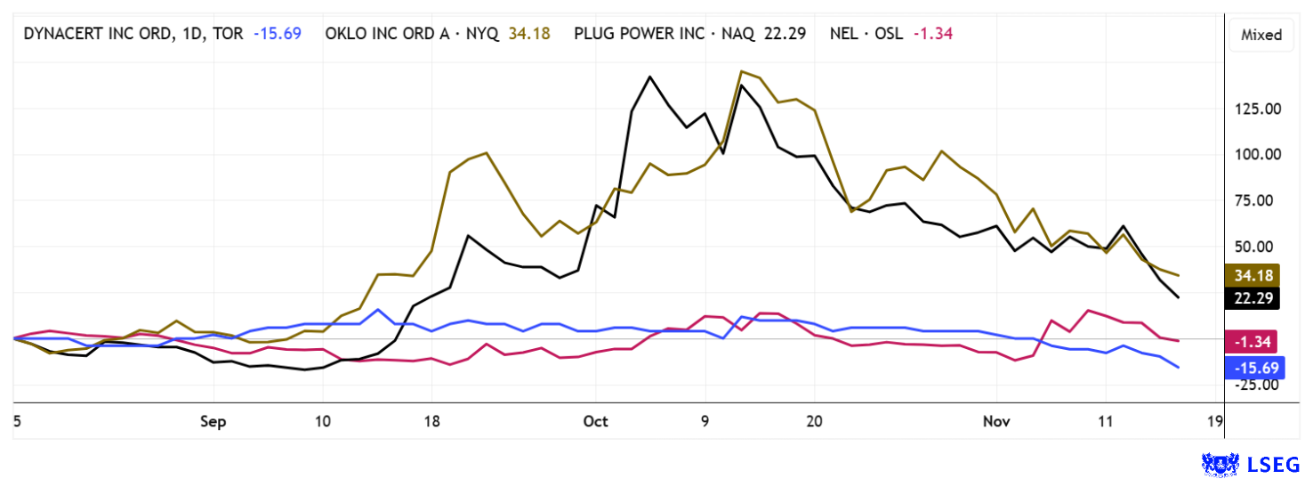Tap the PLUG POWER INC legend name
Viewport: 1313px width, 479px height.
coord(664,34)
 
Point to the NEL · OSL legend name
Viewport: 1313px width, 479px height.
coord(863,34)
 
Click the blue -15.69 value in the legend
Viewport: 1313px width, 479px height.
coord(277,34)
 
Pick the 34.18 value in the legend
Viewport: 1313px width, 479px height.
coord(529,34)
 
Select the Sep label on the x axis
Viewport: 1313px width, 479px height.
coord(214,421)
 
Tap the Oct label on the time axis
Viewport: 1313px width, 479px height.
coord(596,421)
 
